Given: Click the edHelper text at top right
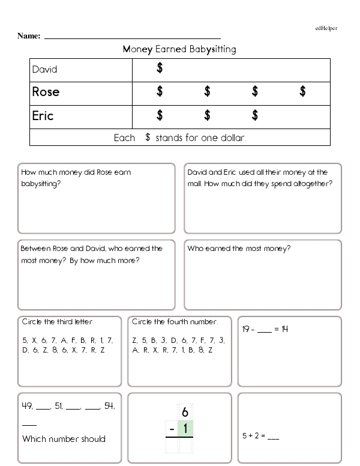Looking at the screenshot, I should pyautogui.click(x=326, y=28).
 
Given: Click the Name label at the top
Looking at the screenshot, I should pyautogui.click(x=29, y=36).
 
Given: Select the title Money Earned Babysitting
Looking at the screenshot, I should pyautogui.click(x=179, y=49).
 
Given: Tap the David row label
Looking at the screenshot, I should pyautogui.click(x=45, y=70).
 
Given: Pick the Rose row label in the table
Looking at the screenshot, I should pyautogui.click(x=46, y=92).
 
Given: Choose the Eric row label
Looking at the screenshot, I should pyautogui.click(x=43, y=115).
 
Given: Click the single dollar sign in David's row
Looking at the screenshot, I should pyautogui.click(x=160, y=68).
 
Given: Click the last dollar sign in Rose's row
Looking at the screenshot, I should pyautogui.click(x=303, y=91).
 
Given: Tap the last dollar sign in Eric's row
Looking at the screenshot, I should pyautogui.click(x=255, y=115).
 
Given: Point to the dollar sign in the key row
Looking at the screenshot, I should pyautogui.click(x=147, y=138).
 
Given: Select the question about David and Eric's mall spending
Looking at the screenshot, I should pyautogui.click(x=260, y=178).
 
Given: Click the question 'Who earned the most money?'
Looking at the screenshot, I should pyautogui.click(x=239, y=248).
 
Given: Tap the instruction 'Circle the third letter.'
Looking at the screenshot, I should pyautogui.click(x=58, y=321).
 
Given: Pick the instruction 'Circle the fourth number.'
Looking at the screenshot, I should pyautogui.click(x=174, y=321).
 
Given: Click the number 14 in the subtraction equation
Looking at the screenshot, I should pyautogui.click(x=284, y=329).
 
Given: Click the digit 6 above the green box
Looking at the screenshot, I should pyautogui.click(x=185, y=412).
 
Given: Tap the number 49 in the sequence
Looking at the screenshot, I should pyautogui.click(x=27, y=407).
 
